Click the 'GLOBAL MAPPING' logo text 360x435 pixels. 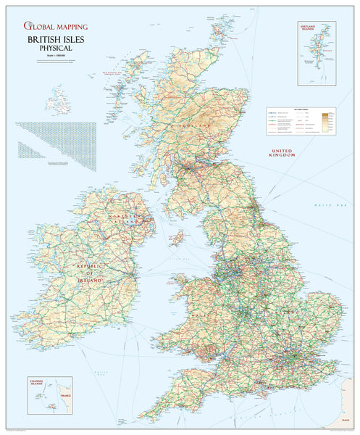pyautogui.click(x=56, y=27)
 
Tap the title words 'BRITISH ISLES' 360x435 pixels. pyautogui.click(x=56, y=40)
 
